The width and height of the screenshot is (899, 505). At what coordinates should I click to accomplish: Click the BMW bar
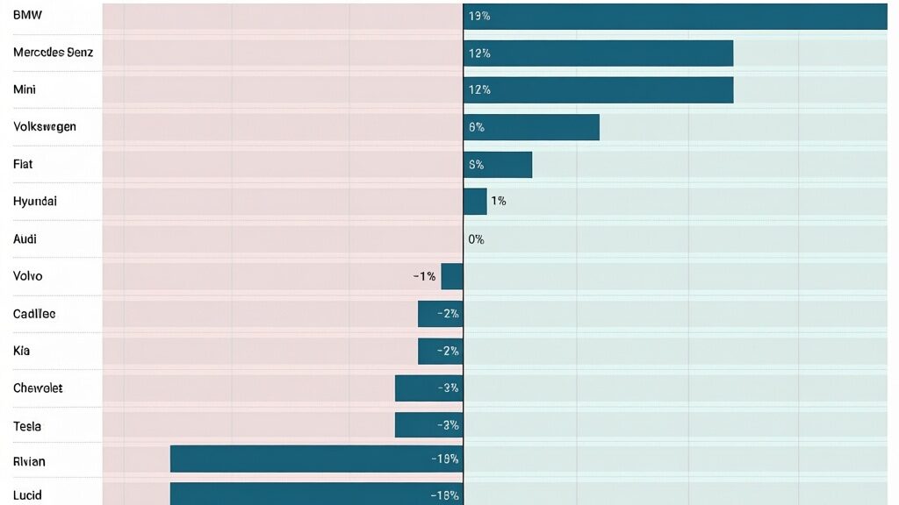pos(675,16)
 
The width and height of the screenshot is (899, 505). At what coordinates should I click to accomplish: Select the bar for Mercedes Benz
pos(598,53)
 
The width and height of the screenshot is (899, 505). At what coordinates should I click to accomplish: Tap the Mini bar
pos(598,89)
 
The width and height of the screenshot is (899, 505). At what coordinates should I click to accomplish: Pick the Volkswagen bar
pos(531,127)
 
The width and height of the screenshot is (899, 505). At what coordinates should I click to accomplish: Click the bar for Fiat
pos(498,164)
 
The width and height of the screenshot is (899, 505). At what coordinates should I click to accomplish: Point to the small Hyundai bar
pos(475,201)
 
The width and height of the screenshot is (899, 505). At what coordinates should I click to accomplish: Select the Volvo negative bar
pos(452,276)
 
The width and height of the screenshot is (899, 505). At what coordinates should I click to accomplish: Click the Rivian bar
pos(316,459)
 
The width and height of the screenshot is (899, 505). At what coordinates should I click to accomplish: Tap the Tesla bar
pos(428,425)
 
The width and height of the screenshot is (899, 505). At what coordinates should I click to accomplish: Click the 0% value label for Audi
pos(476,238)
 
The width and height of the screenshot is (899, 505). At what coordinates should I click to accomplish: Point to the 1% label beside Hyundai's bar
pos(498,201)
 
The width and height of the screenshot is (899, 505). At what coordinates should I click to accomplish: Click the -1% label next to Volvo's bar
pos(424,276)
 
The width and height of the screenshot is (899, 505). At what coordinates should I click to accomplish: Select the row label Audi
pos(25,238)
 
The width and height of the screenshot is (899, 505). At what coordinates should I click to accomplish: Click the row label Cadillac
pos(34,313)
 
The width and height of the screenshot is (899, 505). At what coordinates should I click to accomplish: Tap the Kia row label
pos(21,351)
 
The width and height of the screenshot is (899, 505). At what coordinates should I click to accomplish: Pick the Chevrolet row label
pos(38,388)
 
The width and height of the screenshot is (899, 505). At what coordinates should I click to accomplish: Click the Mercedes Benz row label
pos(53,53)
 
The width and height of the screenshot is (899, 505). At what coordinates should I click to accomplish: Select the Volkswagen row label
pos(45,126)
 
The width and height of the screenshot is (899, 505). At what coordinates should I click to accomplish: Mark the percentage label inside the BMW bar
pos(479,16)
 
